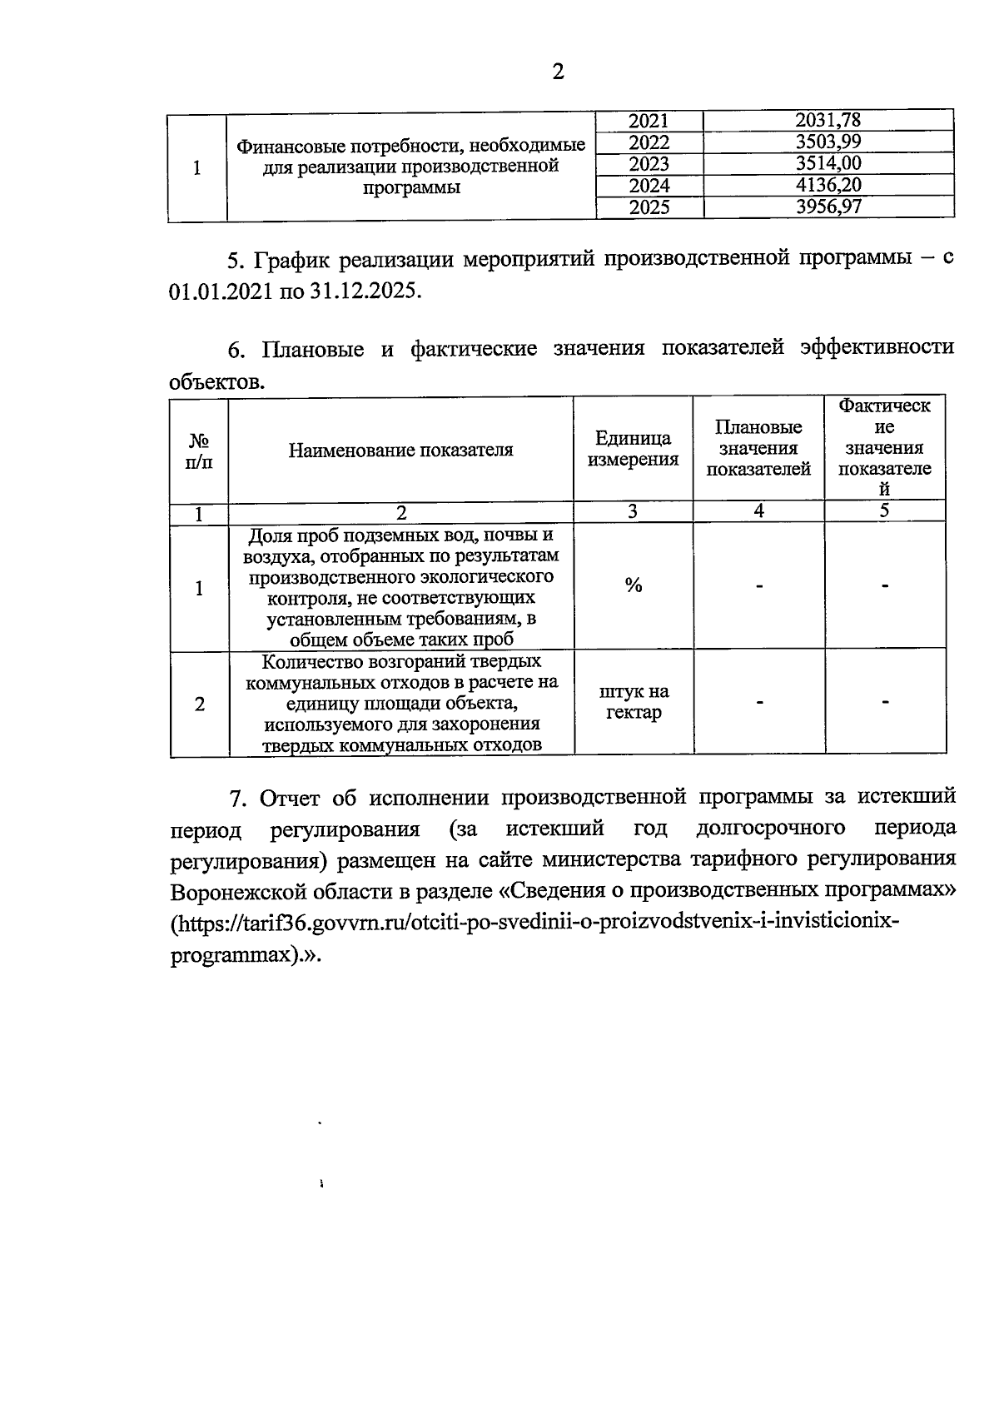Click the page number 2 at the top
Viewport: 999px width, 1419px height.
(x=558, y=72)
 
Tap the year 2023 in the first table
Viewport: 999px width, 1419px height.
(x=649, y=163)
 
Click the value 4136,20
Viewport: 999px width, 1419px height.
(x=828, y=185)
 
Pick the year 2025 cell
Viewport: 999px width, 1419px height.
(x=649, y=207)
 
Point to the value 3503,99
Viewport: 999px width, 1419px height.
(x=828, y=142)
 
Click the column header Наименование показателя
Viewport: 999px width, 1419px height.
(x=400, y=451)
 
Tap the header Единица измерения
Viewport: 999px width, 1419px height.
(x=633, y=449)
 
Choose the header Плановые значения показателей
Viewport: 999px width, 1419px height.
(x=758, y=449)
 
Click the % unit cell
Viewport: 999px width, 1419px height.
(x=633, y=586)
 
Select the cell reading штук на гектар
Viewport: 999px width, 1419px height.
(x=633, y=702)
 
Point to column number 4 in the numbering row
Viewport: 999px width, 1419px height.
(x=758, y=511)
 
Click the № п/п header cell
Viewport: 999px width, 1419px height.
(x=198, y=451)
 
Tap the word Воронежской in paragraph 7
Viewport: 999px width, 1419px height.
(x=239, y=892)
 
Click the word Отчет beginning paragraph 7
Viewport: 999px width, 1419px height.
(x=290, y=798)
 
